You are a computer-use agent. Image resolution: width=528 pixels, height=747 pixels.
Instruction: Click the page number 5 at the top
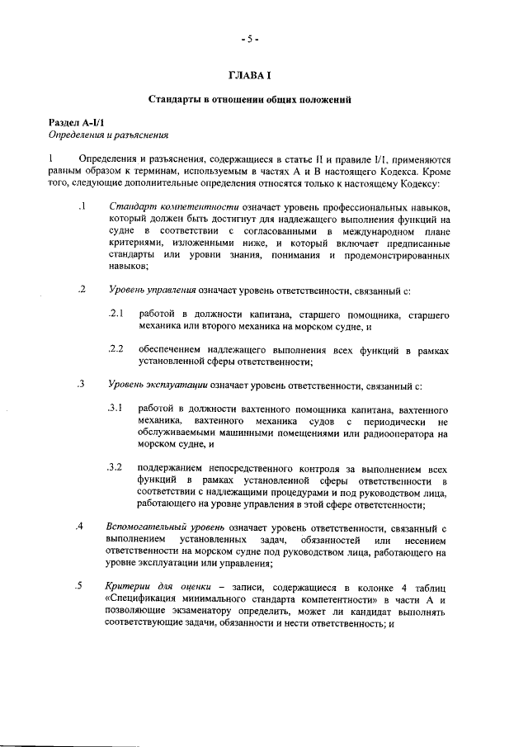250,39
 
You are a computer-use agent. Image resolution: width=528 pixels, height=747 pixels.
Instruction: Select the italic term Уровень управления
152,291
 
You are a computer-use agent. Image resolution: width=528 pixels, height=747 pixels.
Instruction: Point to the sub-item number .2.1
115,314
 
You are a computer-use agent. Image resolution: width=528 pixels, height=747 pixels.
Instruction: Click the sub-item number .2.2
115,350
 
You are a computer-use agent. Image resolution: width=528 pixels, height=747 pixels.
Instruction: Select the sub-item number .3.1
115,409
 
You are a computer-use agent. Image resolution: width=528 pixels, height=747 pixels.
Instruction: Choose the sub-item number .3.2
115,468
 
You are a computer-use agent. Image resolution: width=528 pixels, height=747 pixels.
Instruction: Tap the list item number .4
80,527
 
